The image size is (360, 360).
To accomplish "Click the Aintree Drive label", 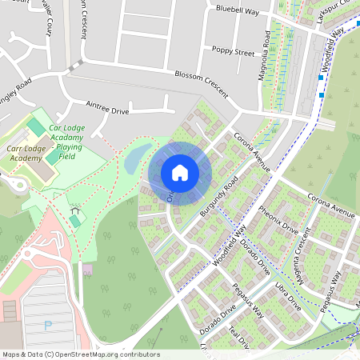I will pos(108,106).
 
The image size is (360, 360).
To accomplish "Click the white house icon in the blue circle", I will pos(180,173).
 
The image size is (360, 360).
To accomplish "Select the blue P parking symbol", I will pos(47,326).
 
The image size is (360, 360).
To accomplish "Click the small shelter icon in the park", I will pos(75,218).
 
